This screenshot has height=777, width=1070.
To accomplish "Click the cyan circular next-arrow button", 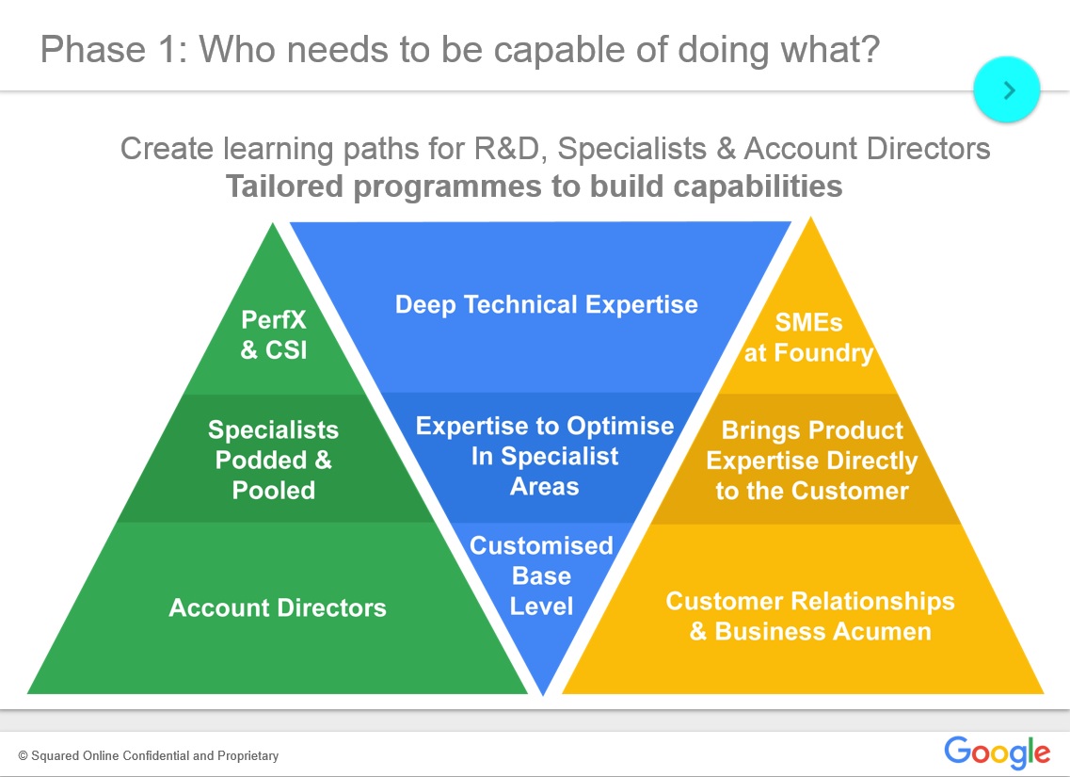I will tap(1006, 89).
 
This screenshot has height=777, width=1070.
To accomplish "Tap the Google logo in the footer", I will tap(997, 753).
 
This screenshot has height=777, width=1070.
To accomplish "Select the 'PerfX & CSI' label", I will tap(273, 335).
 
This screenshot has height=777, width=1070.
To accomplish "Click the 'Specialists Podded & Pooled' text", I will tap(273, 460).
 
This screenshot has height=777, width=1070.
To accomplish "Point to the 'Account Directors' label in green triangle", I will tap(278, 607).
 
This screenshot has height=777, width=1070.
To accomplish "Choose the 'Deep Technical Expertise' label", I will tap(546, 305).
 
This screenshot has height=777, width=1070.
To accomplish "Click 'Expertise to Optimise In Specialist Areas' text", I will tap(545, 456).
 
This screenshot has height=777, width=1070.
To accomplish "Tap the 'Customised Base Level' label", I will tap(541, 575).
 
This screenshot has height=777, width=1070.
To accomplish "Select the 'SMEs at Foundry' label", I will tap(808, 338).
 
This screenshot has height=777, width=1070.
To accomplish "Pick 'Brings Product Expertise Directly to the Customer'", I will tap(811, 461).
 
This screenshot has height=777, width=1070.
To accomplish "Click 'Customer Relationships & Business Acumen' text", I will tap(809, 616).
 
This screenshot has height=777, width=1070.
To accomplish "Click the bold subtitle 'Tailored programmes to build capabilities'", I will tap(534, 186).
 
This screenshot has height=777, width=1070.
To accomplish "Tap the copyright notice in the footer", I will tap(149, 755).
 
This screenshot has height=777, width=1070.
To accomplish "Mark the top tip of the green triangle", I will tap(274, 225).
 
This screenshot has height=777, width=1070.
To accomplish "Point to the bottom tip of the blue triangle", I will tap(543, 693).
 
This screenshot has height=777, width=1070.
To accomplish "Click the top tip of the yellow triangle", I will tap(810, 219).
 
